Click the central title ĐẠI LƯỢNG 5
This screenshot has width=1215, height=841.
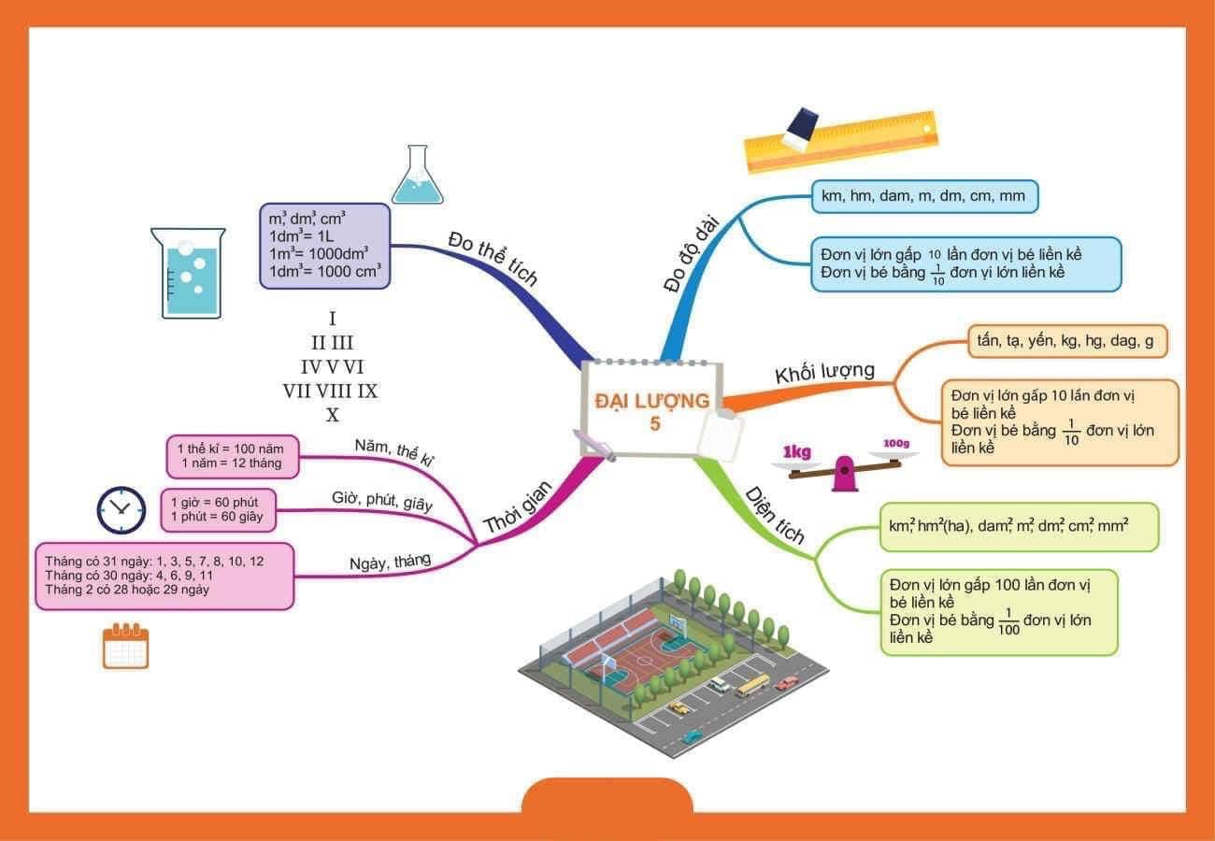pyautogui.click(x=652, y=410)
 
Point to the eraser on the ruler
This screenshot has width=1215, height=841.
pyautogui.click(x=800, y=128)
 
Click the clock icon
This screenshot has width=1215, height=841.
pyautogui.click(x=121, y=510)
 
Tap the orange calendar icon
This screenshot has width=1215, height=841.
pyautogui.click(x=125, y=646)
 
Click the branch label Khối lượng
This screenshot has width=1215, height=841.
pyautogui.click(x=824, y=372)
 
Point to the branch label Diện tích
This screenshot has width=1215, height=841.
pyautogui.click(x=774, y=515)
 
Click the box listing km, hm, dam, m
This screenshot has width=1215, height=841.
pyautogui.click(x=923, y=197)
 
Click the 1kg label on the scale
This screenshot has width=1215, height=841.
pyautogui.click(x=796, y=453)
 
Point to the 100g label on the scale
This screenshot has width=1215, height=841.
pyautogui.click(x=896, y=443)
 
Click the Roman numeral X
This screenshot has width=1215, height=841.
pyautogui.click(x=332, y=414)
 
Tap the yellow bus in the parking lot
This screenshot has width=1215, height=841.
pyautogui.click(x=751, y=686)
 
